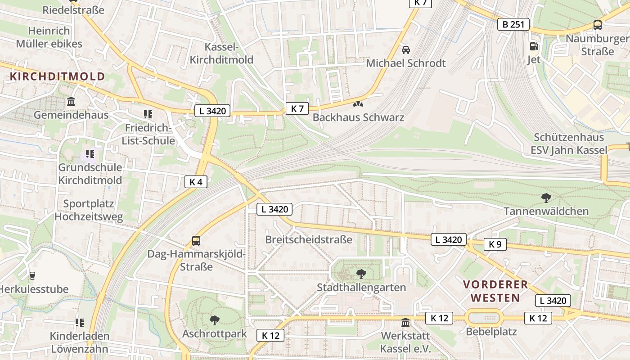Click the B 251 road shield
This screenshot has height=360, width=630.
click(513, 24)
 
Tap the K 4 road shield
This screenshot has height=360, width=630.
click(196, 182)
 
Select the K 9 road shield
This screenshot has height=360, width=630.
click(495, 244)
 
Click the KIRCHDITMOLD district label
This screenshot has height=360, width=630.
click(57, 76)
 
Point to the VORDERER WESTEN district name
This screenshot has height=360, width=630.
click(495, 291)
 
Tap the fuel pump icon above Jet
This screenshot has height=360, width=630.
click(534, 46)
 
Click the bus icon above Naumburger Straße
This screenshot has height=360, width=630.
click(597, 25)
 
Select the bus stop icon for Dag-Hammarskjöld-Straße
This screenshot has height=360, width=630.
click(196, 240)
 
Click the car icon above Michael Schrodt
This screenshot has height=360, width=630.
click(405, 49)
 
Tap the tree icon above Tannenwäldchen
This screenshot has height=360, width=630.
click(546, 198)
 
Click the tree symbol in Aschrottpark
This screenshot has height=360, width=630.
click(215, 320)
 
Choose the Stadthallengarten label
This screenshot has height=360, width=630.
click(361, 287)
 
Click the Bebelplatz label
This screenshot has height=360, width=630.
click(485, 332)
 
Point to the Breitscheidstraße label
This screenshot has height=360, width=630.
click(308, 239)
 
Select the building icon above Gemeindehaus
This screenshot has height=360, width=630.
click(71, 101)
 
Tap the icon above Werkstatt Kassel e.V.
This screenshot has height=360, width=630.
click(405, 322)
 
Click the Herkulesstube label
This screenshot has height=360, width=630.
click(33, 289)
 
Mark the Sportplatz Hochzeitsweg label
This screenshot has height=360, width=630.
click(88, 210)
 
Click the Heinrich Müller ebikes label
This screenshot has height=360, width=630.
click(49, 37)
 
